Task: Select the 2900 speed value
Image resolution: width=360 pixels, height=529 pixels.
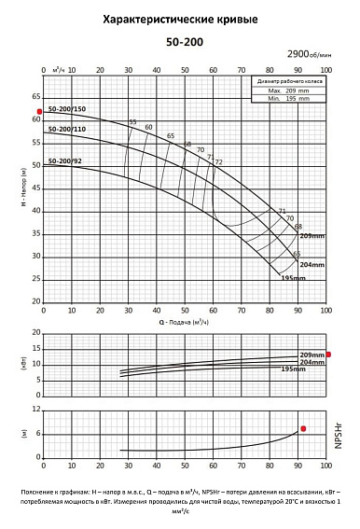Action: pos(302,57)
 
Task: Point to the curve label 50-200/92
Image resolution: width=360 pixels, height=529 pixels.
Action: pos(64,160)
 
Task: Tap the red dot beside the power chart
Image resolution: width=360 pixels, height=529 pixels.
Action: pos(327,355)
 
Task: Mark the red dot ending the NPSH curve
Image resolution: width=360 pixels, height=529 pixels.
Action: pos(302,428)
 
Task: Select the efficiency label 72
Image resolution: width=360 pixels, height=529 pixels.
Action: pos(218,161)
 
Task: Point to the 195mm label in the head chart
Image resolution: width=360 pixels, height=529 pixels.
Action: pos(294,277)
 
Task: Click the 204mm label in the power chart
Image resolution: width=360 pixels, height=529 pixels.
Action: pos(313,362)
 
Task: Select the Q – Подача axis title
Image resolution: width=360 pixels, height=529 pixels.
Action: pos(183,322)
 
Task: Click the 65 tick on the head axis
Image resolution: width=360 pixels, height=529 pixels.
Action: pos(36,97)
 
